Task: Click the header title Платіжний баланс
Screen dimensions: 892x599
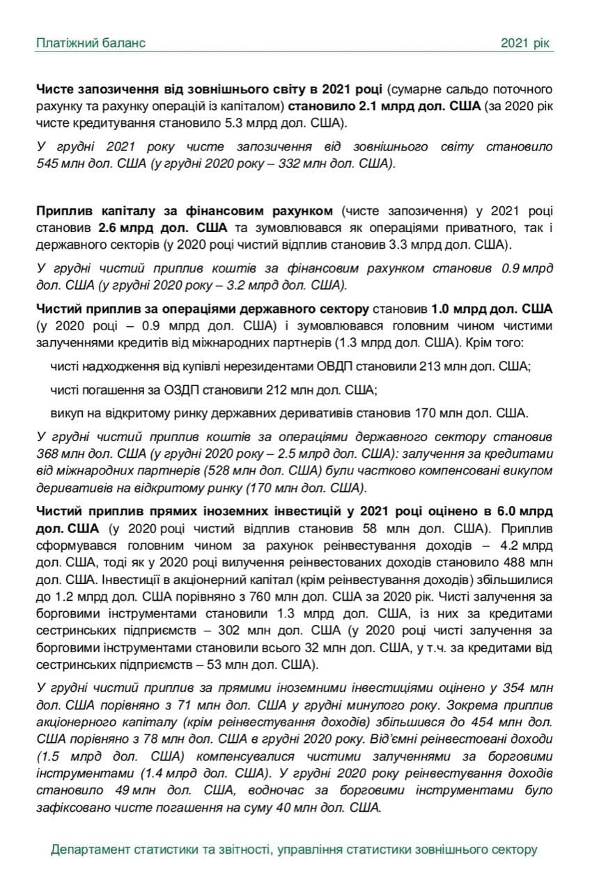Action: coord(91,43)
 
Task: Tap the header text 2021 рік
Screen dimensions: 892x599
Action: coord(527,43)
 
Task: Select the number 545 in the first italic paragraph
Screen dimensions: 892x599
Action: coord(48,165)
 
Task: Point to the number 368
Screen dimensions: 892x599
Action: coord(48,454)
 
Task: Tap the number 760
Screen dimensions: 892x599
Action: coord(268,597)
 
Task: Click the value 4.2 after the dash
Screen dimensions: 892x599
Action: coord(517,545)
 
